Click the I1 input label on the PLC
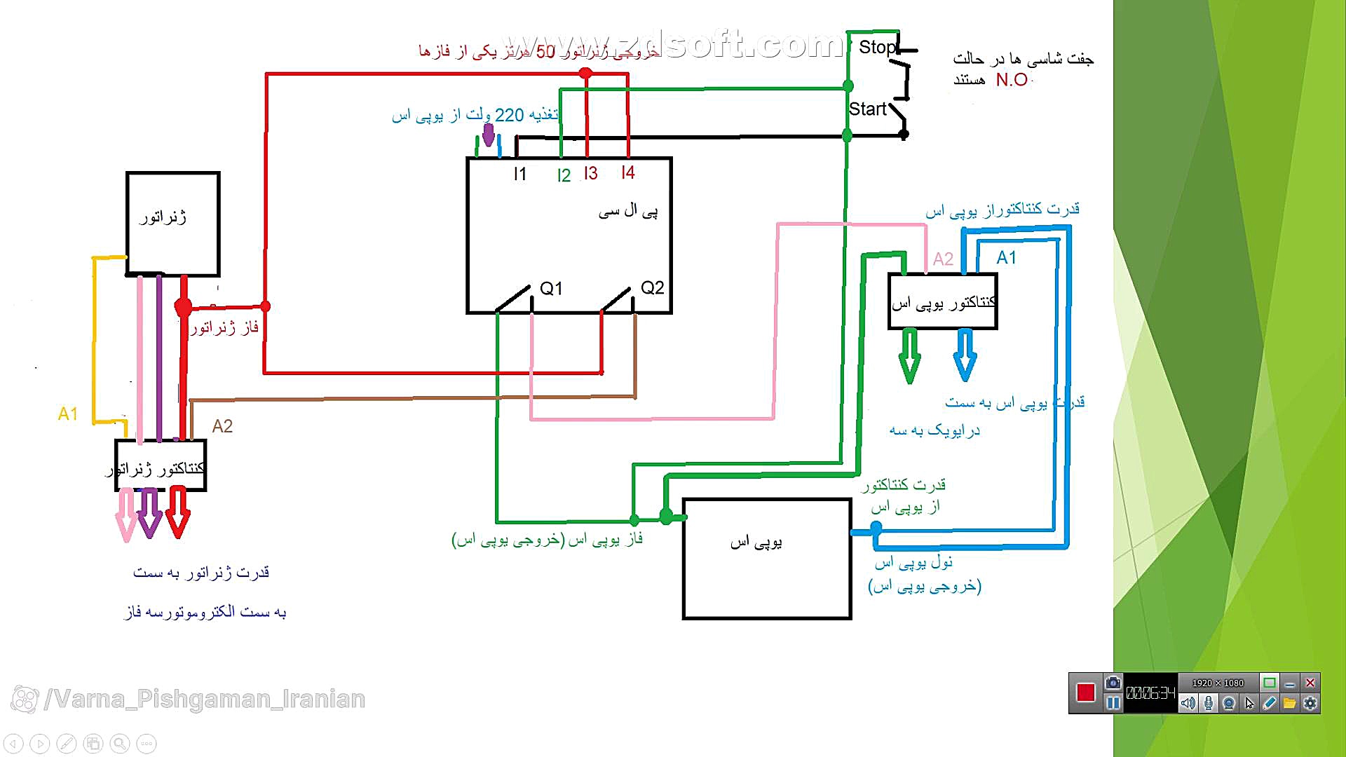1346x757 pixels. (519, 174)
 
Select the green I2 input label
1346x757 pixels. (564, 175)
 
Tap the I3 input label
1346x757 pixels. (591, 173)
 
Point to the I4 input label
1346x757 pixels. (628, 172)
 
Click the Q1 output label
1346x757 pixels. (551, 288)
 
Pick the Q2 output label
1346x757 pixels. (652, 287)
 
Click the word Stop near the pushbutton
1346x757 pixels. (877, 47)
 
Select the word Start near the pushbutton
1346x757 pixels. (867, 109)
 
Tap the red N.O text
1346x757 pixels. (1012, 80)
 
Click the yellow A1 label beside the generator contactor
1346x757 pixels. (68, 414)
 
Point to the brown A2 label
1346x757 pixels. (222, 426)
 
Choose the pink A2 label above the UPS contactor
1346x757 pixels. (943, 259)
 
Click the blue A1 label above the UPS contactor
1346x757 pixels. (1006, 257)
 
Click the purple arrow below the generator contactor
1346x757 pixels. (149, 513)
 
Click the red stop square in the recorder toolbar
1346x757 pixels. (1086, 693)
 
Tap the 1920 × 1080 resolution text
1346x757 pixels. (1218, 683)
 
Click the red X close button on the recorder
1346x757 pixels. (1310, 683)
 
